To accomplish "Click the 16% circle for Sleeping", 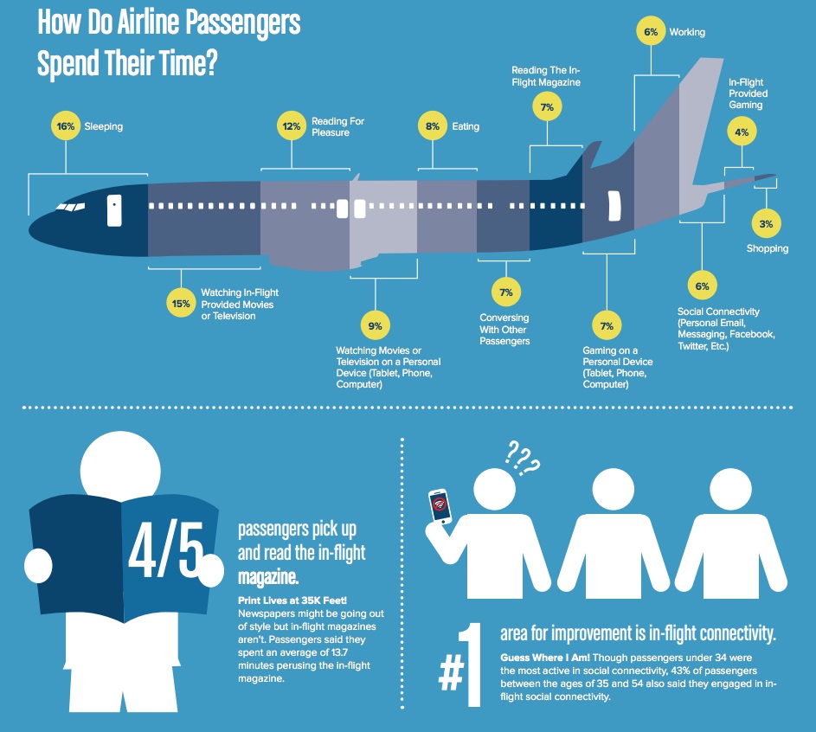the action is coord(66,126).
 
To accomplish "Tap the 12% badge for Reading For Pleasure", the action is coord(292,126).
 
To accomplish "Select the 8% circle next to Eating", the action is coord(433,126).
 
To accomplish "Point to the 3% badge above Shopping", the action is coord(766,224).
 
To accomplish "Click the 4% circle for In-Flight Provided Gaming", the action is coord(742,132).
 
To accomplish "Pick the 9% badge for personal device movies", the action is coord(376,326).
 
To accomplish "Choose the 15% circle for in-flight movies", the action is coord(181,304).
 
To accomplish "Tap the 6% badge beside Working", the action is coord(651,32).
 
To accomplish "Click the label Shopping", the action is coord(767,248).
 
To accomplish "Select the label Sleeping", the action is coord(104,126).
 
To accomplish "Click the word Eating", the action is coord(466,126).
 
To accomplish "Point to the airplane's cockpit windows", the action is coord(70,207).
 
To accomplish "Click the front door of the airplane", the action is coord(114,211).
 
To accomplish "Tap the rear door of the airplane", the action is coord(614,206).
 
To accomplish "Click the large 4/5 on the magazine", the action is coord(166,549).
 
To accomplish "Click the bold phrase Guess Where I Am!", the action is coord(545,658).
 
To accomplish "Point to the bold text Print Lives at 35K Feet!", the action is coord(292,600).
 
